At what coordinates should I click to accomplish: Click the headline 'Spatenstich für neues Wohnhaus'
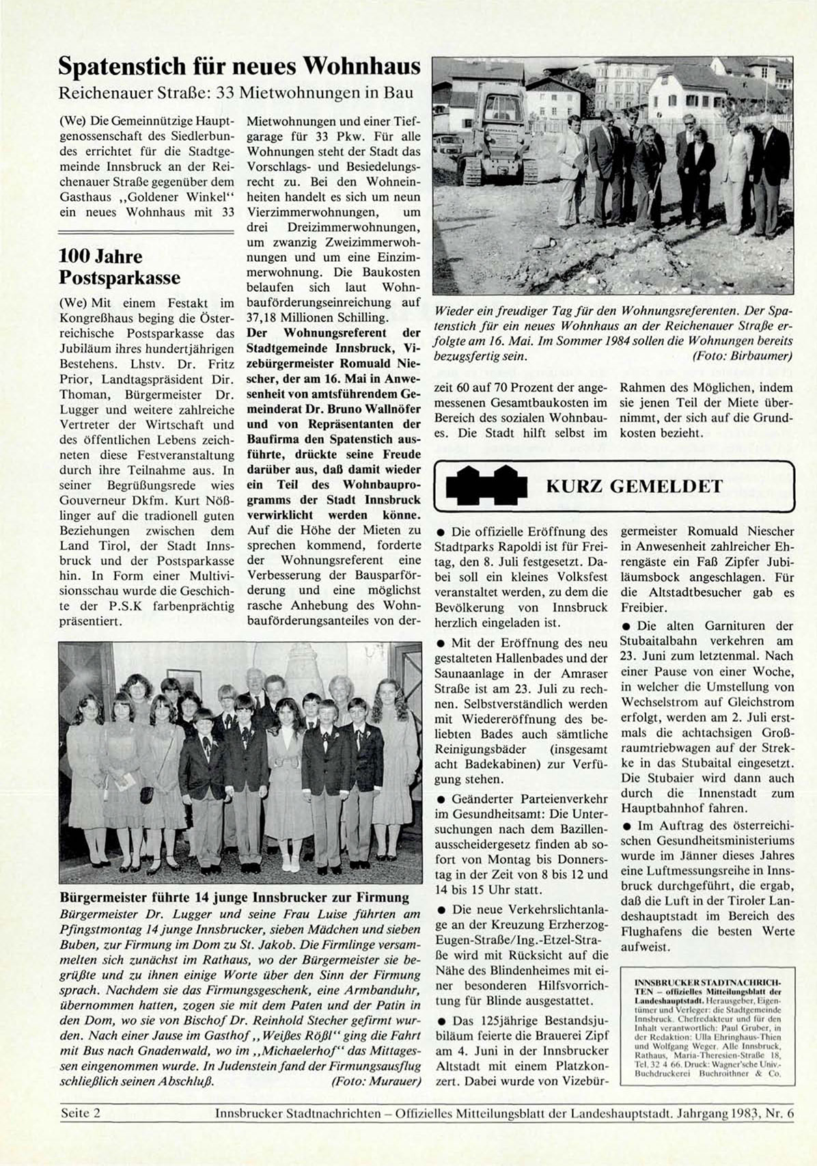[x=238, y=66]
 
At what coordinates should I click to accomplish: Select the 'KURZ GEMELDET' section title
[x=634, y=486]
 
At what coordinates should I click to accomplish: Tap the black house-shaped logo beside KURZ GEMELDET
[x=487, y=486]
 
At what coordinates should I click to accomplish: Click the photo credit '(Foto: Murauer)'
[x=376, y=1081]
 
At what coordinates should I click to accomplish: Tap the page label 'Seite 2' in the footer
[x=81, y=1113]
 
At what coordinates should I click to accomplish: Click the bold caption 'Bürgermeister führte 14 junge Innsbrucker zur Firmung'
[x=234, y=897]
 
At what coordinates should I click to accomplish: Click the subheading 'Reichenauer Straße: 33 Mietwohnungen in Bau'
[x=236, y=93]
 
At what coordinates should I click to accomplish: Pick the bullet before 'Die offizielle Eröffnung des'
[x=441, y=532]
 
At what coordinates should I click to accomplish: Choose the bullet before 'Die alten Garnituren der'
[x=626, y=626]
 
